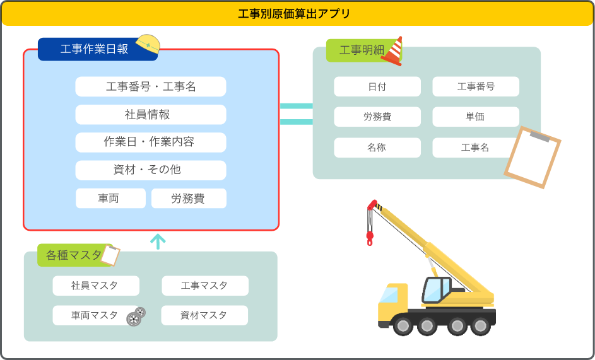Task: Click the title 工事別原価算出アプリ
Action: pyautogui.click(x=297, y=13)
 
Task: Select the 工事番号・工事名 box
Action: pyautogui.click(x=151, y=86)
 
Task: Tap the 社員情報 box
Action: pyautogui.click(x=151, y=114)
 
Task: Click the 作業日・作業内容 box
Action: pyautogui.click(x=151, y=142)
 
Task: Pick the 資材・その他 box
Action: pyautogui.click(x=151, y=170)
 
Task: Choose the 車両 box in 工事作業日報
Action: pyautogui.click(x=110, y=198)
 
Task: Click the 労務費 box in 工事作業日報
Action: pyautogui.click(x=189, y=198)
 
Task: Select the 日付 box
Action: pyautogui.click(x=377, y=86)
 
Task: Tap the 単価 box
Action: pyautogui.click(x=476, y=117)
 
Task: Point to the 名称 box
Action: pyautogui.click(x=377, y=148)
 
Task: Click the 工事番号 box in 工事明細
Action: pyautogui.click(x=476, y=86)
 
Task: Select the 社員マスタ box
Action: pyautogui.click(x=96, y=286)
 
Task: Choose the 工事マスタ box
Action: pyautogui.click(x=205, y=286)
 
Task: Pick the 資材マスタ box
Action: pyautogui.click(x=204, y=315)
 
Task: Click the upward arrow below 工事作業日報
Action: pyautogui.click(x=158, y=241)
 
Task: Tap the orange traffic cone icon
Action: pyautogui.click(x=393, y=51)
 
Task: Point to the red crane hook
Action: pyautogui.click(x=370, y=238)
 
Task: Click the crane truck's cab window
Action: pyautogui.click(x=435, y=289)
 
